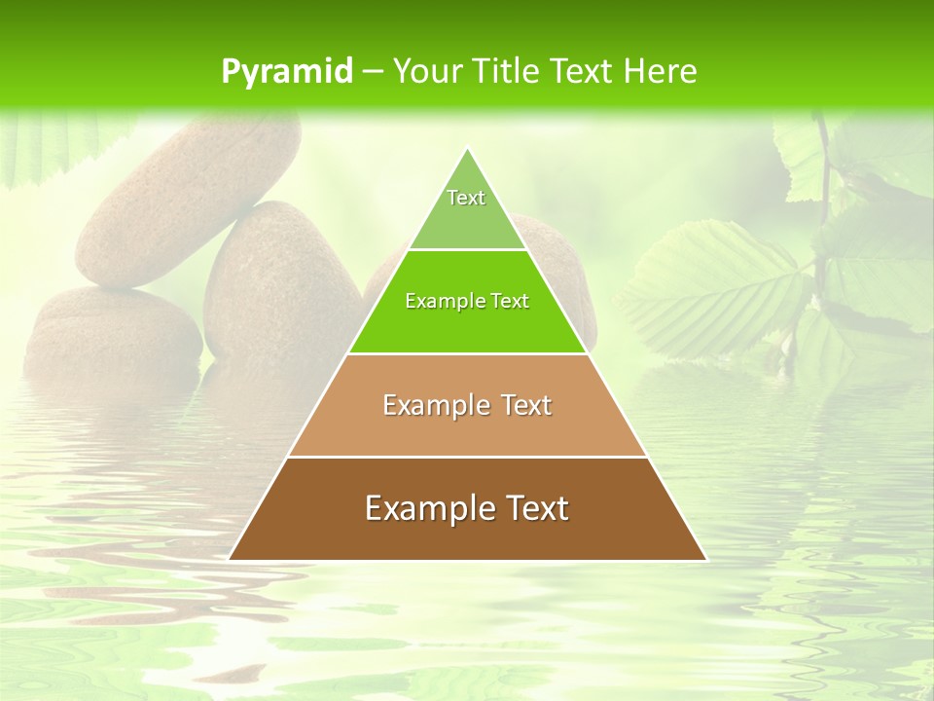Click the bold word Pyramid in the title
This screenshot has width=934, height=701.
pos(286,72)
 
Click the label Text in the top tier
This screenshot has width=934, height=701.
pos(466,198)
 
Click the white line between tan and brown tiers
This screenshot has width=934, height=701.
pos(467,457)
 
